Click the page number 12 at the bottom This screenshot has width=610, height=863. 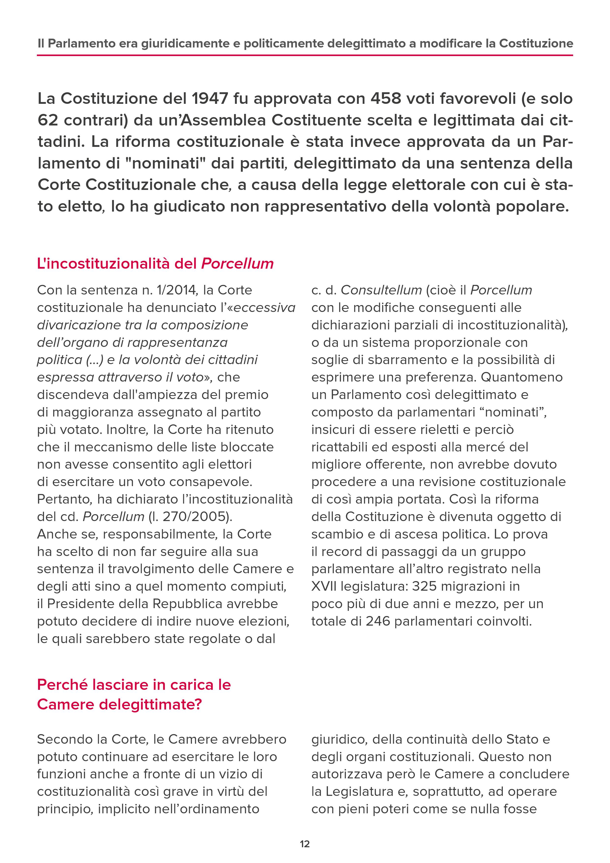305,844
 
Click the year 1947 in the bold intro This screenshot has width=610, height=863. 209,99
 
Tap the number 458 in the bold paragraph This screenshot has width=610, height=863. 386,99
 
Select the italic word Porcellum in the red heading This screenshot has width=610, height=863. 238,264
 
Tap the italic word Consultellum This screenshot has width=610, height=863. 381,290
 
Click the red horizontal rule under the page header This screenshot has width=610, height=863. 305,55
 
